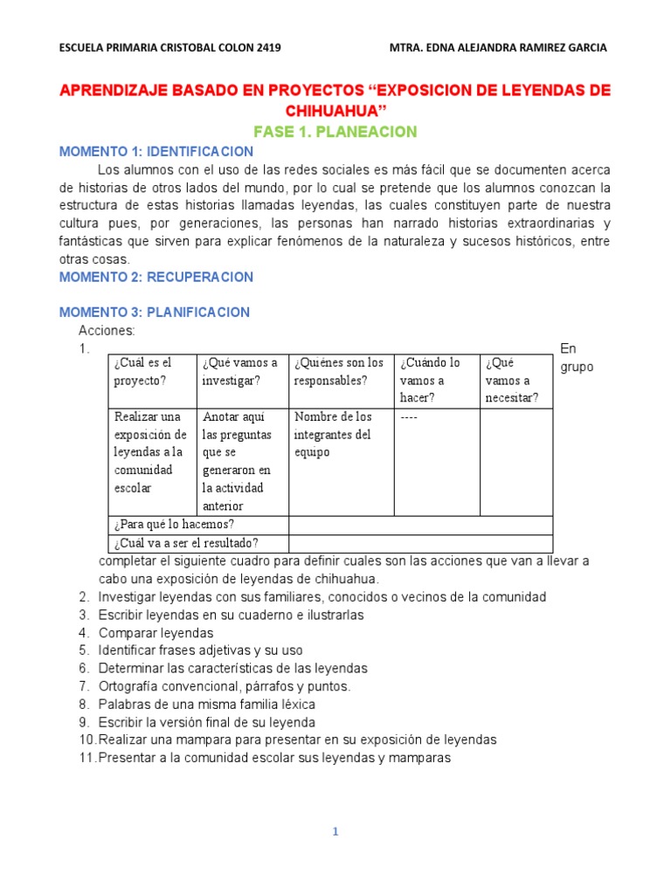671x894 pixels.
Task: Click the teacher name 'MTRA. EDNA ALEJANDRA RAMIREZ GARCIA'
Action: [x=496, y=48]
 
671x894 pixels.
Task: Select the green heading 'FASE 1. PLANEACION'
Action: [x=335, y=132]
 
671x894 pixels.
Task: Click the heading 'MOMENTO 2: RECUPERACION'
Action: [x=156, y=277]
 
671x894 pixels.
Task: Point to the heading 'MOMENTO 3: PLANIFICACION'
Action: [x=155, y=312]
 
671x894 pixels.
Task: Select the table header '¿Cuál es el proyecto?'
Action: [x=143, y=371]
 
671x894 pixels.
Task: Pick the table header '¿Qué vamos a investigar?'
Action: [x=239, y=371]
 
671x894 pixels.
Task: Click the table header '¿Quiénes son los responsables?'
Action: [x=339, y=371]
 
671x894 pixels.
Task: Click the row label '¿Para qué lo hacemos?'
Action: [x=174, y=524]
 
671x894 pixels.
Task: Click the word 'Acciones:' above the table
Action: [x=107, y=331]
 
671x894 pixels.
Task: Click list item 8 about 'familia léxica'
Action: [x=207, y=704]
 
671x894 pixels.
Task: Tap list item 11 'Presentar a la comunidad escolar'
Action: [x=274, y=758]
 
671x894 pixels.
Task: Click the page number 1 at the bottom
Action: [x=335, y=832]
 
